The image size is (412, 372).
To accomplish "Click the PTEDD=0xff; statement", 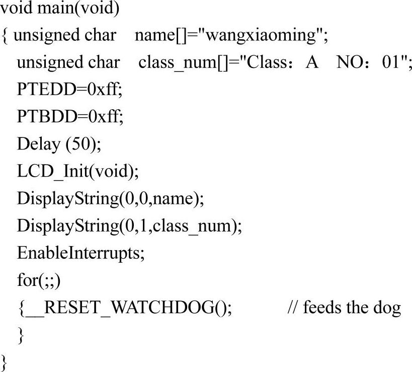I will coord(69,90).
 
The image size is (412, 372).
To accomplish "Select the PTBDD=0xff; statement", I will coord(69,117).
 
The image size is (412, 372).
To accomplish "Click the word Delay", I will coord(38,144).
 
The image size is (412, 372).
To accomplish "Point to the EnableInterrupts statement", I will coord(80,253).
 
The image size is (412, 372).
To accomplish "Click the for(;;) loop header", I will coord(38,280).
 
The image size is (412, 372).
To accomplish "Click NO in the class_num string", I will coord(348,63).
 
